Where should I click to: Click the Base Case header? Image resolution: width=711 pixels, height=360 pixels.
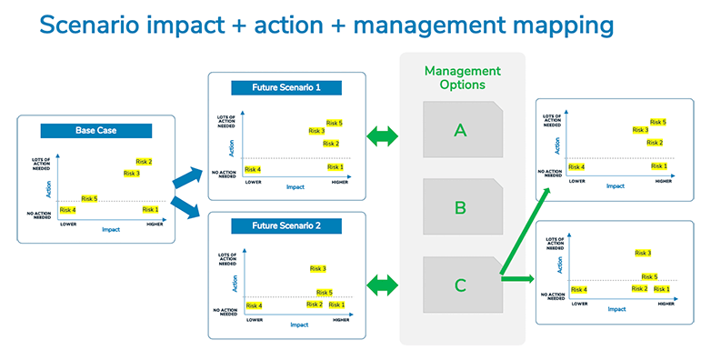95,131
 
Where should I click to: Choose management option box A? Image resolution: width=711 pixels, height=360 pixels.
460,130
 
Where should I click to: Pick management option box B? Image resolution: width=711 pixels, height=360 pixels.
460,207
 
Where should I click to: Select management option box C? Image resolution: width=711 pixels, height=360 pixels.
460,285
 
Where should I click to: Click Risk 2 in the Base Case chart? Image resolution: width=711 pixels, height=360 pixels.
144,162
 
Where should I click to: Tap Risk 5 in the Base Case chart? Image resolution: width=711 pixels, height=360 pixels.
89,198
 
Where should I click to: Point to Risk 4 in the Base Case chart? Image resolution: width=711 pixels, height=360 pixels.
67,210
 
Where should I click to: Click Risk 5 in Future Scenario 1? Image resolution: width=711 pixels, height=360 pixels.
334,123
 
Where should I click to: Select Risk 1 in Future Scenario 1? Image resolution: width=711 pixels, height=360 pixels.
335,167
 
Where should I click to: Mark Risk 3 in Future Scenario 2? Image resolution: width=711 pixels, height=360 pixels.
317,268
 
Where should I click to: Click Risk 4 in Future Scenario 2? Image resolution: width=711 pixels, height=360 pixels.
254,305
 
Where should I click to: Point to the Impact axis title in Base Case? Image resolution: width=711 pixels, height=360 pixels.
110,230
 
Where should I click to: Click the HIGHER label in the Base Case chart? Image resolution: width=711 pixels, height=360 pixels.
151,224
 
